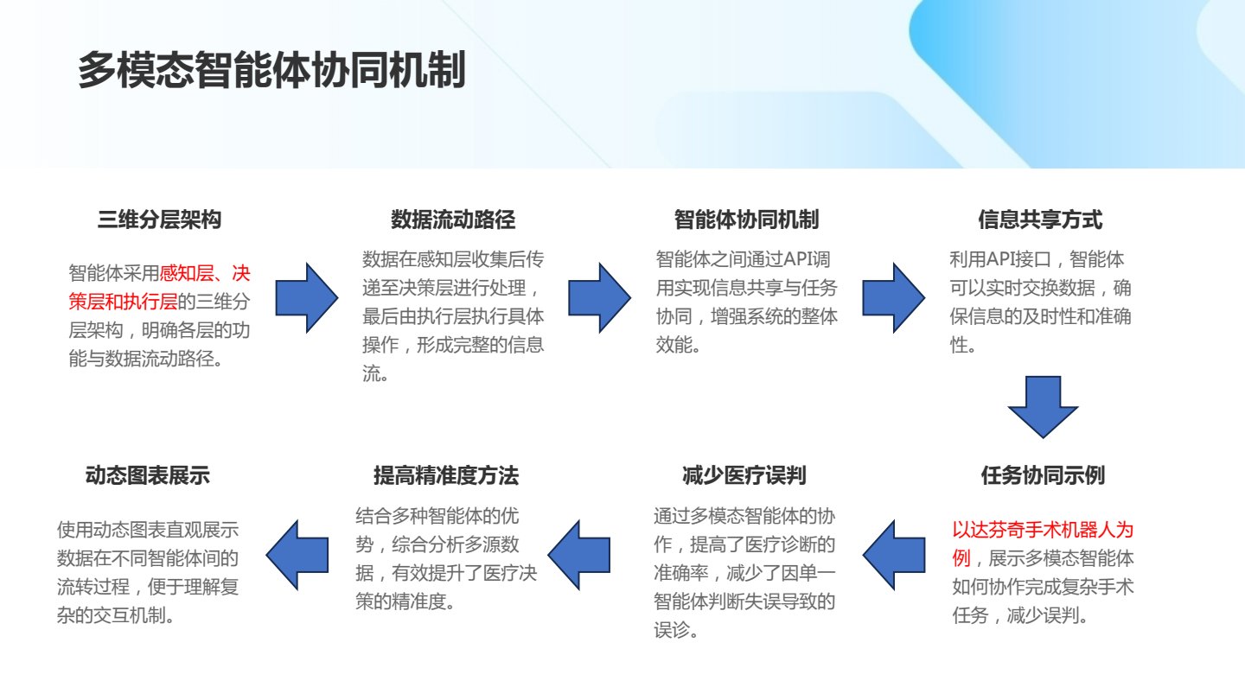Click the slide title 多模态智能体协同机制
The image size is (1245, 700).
coord(271,70)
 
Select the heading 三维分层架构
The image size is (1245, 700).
coord(159,220)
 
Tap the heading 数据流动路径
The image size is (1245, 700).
coord(452,220)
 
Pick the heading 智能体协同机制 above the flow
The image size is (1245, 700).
coord(746,220)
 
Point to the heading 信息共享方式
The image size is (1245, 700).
coord(1040,220)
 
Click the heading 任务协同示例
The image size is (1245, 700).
coord(1043,475)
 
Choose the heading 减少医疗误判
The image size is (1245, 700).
coord(744,475)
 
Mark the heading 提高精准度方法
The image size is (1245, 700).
coord(446,475)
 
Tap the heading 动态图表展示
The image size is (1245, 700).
coord(147,475)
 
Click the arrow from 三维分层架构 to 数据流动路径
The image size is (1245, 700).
coord(307,298)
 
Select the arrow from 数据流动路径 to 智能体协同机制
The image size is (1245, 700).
coord(600,298)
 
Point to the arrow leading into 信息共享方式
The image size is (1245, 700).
coord(894,298)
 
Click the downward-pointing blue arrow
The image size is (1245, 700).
coord(1044,407)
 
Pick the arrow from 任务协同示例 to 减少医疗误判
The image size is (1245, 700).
coord(894,555)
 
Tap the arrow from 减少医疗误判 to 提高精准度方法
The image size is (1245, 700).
coord(578,555)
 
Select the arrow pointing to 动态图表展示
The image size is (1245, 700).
coord(297,555)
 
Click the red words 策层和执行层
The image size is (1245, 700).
coord(123,302)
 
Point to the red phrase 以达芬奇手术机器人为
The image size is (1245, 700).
coord(1043,530)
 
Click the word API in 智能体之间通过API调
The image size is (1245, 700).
coord(797,259)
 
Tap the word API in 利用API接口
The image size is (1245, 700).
coord(999,259)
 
